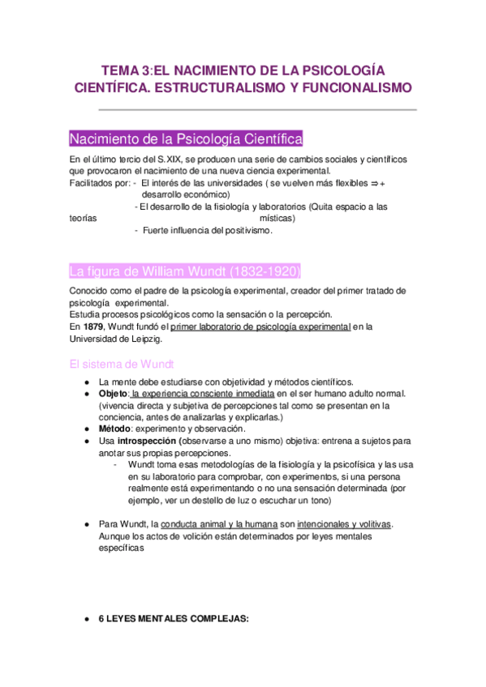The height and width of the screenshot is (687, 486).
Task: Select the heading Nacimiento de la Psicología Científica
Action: pos(187,137)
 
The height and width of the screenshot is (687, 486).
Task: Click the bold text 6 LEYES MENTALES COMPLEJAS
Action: pos(174,618)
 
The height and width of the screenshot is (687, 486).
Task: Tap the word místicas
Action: pos(277,218)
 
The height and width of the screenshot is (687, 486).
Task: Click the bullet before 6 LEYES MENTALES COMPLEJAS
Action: pos(84,619)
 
